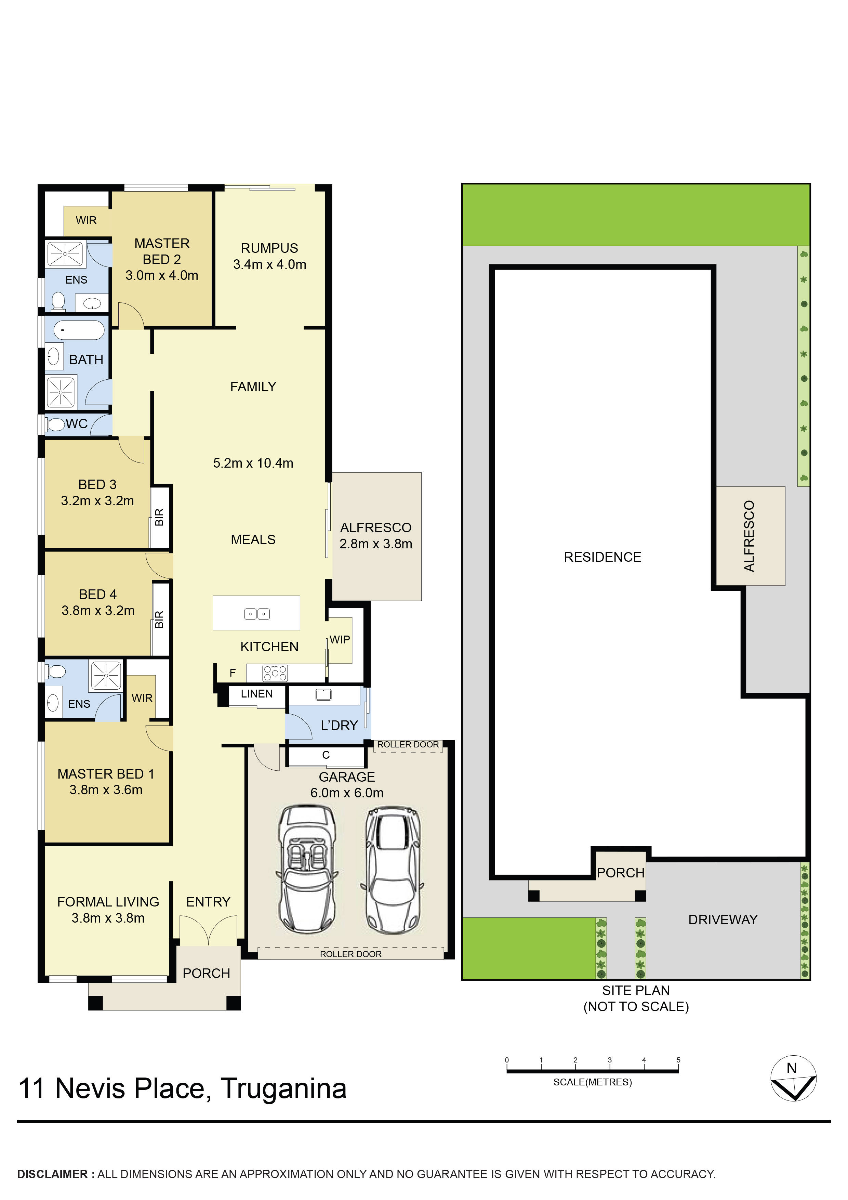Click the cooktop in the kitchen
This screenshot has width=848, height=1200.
pyautogui.click(x=275, y=673)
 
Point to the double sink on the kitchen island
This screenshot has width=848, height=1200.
pyautogui.click(x=256, y=614)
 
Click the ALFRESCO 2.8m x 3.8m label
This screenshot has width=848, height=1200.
pyautogui.click(x=376, y=536)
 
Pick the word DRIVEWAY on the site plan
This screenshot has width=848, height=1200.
pyautogui.click(x=723, y=919)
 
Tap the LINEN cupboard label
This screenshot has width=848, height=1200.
pyautogui.click(x=256, y=693)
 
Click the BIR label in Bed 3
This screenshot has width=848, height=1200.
pyautogui.click(x=159, y=517)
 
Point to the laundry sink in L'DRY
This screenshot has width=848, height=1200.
pyautogui.click(x=324, y=695)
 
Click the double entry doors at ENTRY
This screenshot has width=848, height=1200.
pyautogui.click(x=208, y=930)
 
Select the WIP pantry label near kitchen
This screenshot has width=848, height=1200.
pyautogui.click(x=340, y=640)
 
